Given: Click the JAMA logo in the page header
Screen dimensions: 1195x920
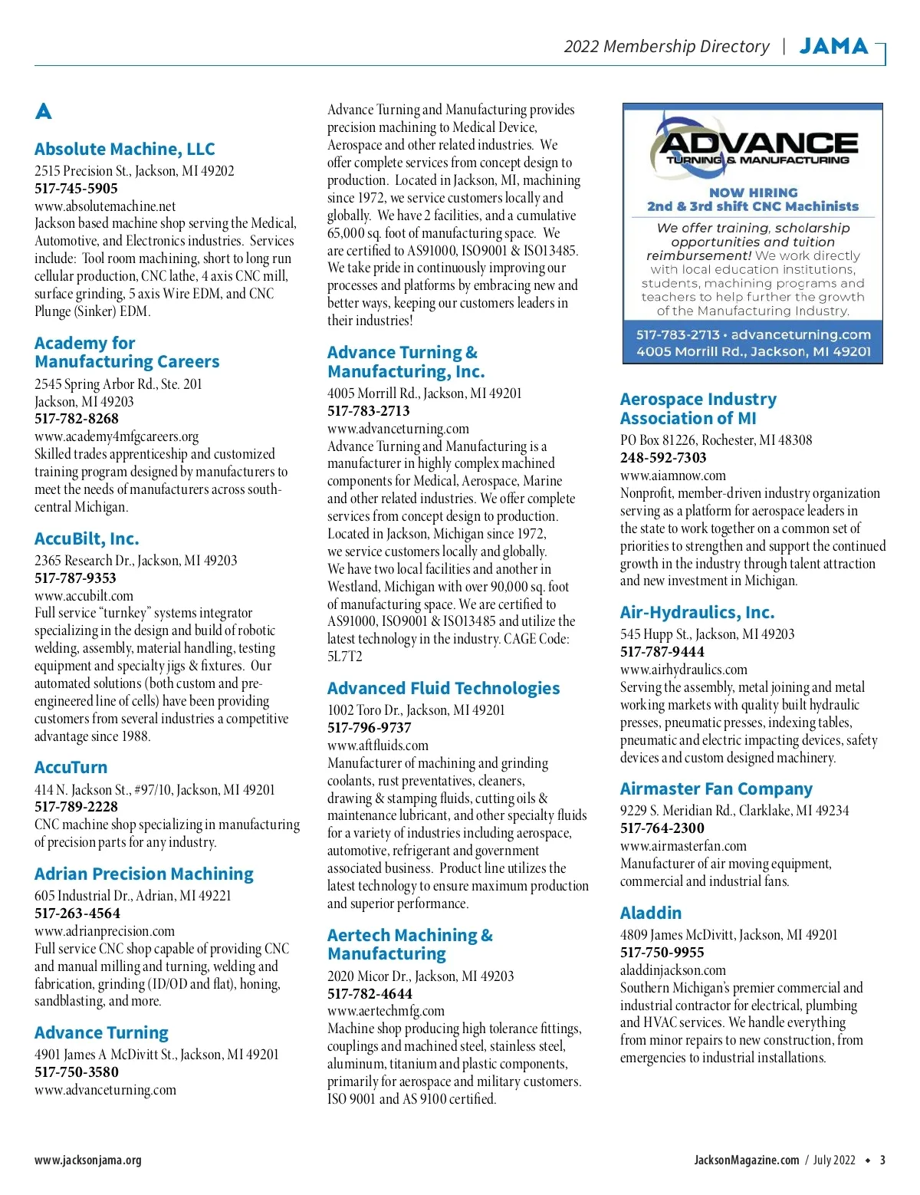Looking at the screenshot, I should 833,47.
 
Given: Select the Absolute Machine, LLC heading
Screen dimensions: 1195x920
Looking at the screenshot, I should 124,150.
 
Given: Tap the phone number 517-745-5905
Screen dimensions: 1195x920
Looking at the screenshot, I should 76,189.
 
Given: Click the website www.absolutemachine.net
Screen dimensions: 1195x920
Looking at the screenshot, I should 105,206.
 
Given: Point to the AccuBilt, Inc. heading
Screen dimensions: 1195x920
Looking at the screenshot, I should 87,539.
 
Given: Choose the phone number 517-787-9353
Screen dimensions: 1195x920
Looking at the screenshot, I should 75,578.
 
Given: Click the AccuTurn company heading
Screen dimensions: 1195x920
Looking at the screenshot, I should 71,768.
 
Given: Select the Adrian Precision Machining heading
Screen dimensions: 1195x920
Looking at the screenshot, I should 143,874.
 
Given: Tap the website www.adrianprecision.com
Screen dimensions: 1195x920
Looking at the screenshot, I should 104,931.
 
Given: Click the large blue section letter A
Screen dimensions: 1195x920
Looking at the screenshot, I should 44,112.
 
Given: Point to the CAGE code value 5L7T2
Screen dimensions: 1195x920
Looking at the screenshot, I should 345,657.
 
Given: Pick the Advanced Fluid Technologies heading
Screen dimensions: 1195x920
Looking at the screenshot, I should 443,689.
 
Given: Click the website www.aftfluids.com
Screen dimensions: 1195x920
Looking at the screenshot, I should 378,746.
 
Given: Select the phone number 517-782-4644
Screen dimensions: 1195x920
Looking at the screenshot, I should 370,994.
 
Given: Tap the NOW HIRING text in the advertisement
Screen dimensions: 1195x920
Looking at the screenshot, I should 753,193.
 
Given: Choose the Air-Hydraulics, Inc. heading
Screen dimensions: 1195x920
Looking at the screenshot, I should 697,613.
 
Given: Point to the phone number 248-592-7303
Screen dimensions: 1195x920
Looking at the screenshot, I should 663,458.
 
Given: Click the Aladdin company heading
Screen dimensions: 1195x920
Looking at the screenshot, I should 651,914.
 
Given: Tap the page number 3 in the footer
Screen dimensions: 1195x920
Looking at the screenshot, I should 882,1160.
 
